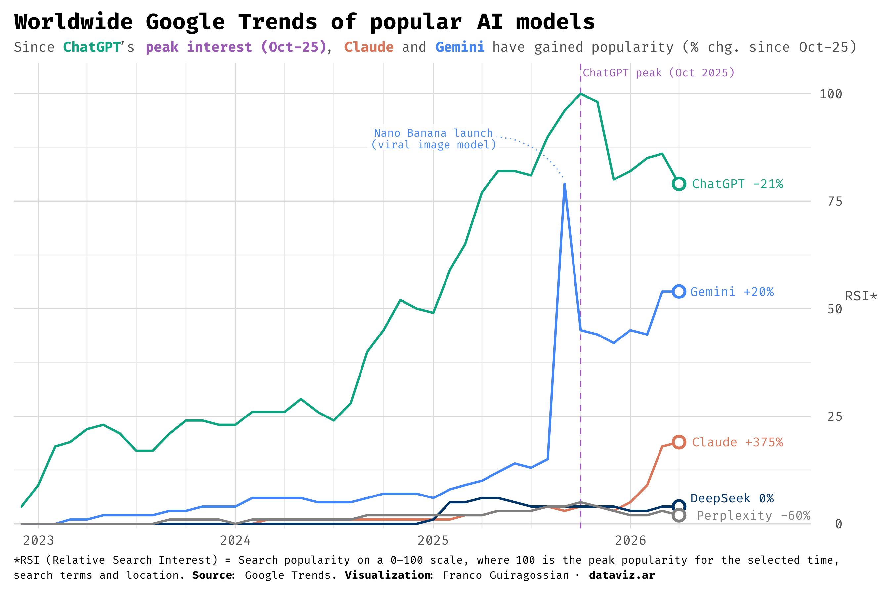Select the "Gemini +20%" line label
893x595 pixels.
click(732, 292)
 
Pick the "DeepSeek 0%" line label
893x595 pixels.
click(732, 498)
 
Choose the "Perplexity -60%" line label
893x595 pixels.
click(753, 516)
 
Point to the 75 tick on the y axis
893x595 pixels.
click(834, 202)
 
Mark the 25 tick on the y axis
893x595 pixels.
click(834, 416)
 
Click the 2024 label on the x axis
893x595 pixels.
click(235, 540)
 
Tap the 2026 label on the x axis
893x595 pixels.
click(630, 540)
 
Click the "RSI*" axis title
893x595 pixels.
click(861, 296)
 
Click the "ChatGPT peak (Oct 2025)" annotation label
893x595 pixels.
click(659, 73)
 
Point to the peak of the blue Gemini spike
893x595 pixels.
click(565, 184)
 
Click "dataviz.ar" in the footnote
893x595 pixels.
click(621, 575)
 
